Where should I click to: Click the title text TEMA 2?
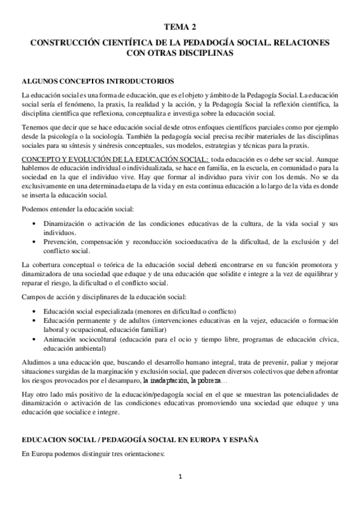[180, 27]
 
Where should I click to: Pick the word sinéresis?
[111, 145]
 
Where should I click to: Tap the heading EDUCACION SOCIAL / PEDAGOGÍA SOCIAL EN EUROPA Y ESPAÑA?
[139, 441]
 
